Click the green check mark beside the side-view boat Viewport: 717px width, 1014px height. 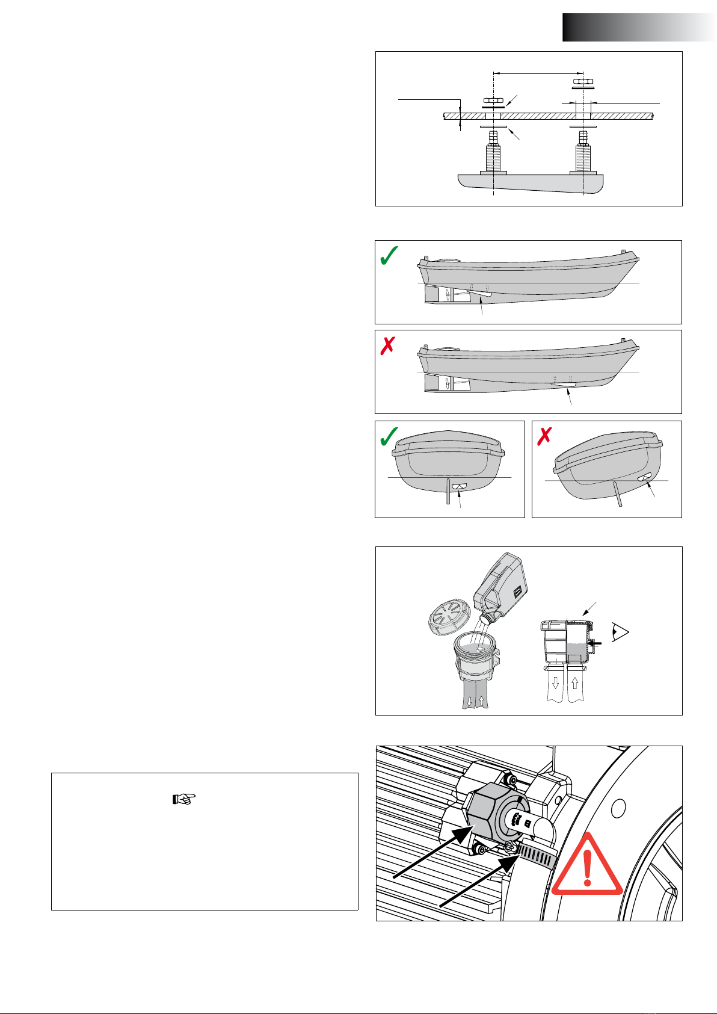[x=390, y=257]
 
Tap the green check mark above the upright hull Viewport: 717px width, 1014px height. [x=389, y=437]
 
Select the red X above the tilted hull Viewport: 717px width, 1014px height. [x=545, y=437]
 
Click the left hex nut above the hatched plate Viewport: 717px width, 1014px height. [x=493, y=100]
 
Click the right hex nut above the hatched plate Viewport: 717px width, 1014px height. [x=581, y=81]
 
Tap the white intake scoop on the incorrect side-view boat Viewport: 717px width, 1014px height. [x=564, y=385]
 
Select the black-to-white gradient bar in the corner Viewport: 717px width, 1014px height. [x=639, y=27]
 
